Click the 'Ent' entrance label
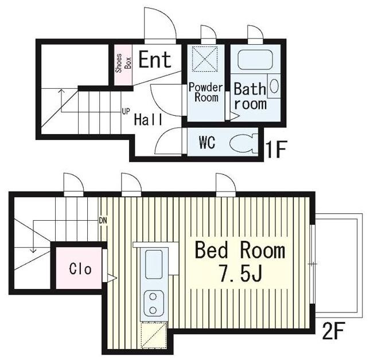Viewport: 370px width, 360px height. (155, 60)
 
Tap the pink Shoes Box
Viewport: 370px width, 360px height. (123, 65)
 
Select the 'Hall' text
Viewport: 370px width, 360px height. (148, 119)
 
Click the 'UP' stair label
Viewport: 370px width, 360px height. (126, 111)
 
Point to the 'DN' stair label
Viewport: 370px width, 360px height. (103, 221)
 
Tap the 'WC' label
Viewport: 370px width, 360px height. (207, 142)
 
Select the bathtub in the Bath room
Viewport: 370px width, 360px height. (255, 60)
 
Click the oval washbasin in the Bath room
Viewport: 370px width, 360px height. (274, 86)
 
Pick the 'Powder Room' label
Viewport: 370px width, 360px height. (205, 92)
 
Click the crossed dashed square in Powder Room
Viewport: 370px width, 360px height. (205, 58)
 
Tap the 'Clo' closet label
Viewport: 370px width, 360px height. (80, 269)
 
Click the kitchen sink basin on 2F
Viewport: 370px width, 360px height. (154, 264)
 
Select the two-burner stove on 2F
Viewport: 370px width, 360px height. (154, 303)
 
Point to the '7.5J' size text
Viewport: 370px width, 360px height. (241, 273)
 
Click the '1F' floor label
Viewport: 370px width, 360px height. (276, 149)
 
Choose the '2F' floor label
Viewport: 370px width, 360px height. (333, 331)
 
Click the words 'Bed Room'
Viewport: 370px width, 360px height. (240, 251)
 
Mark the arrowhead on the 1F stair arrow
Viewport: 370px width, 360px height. (61, 91)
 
